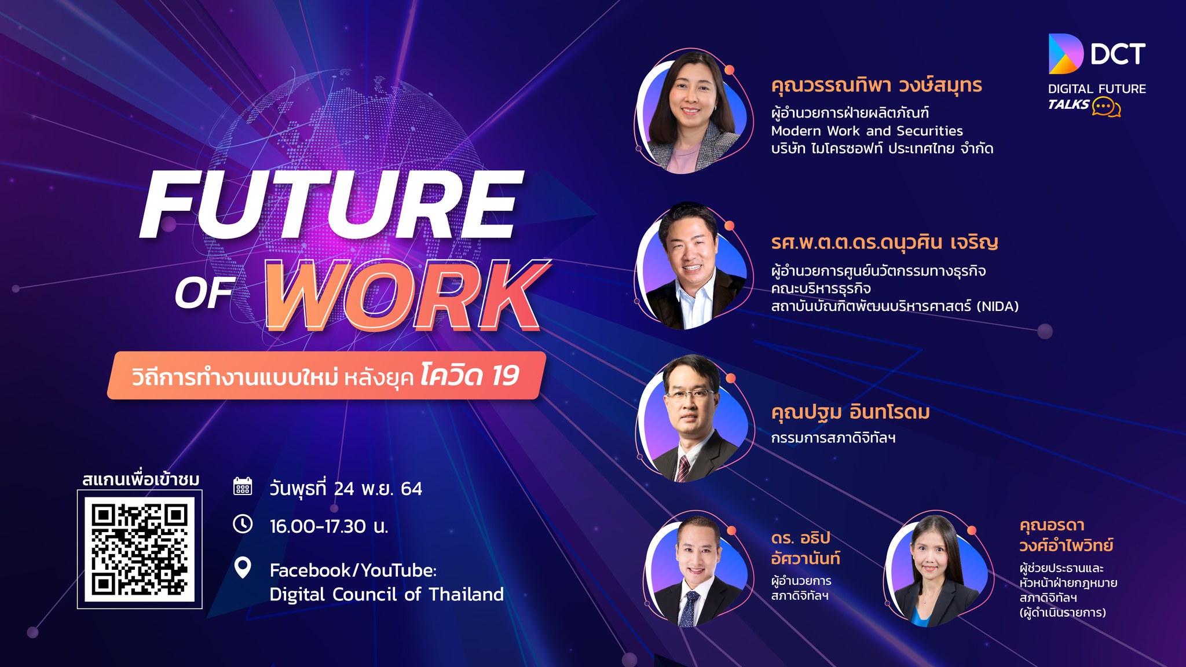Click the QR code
coord(140,549)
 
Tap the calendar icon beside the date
coord(243,486)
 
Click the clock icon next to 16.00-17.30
coord(243,524)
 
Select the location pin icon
coord(243,568)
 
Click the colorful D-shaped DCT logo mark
coord(1065,54)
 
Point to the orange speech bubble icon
coord(1106,107)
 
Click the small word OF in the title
coord(204,292)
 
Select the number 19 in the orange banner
coord(506,376)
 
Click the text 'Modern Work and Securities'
coord(867,131)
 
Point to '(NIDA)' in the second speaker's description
coord(998,306)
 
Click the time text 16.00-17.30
coord(318,526)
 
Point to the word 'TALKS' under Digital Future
coord(1068,104)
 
